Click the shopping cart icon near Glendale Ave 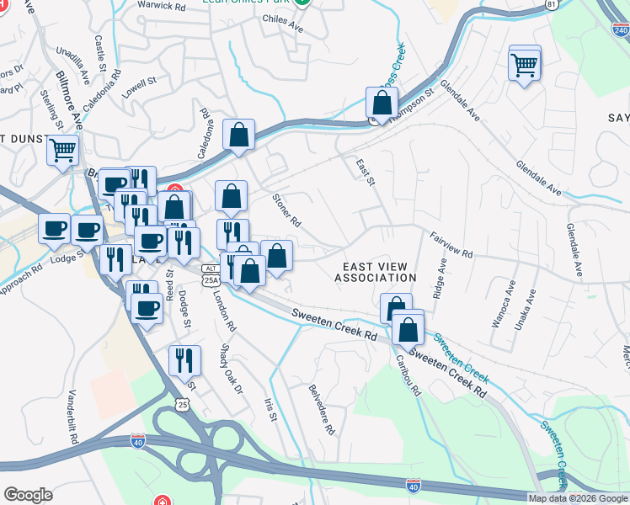pyautogui.click(x=525, y=64)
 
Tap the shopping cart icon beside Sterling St pyautogui.click(x=62, y=151)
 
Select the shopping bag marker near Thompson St pyautogui.click(x=382, y=104)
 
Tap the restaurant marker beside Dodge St pyautogui.click(x=184, y=360)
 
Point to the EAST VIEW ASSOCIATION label pyautogui.click(x=376, y=271)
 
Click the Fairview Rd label pyautogui.click(x=451, y=245)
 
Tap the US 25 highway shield pyautogui.click(x=184, y=405)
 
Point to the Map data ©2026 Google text pyautogui.click(x=579, y=498)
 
